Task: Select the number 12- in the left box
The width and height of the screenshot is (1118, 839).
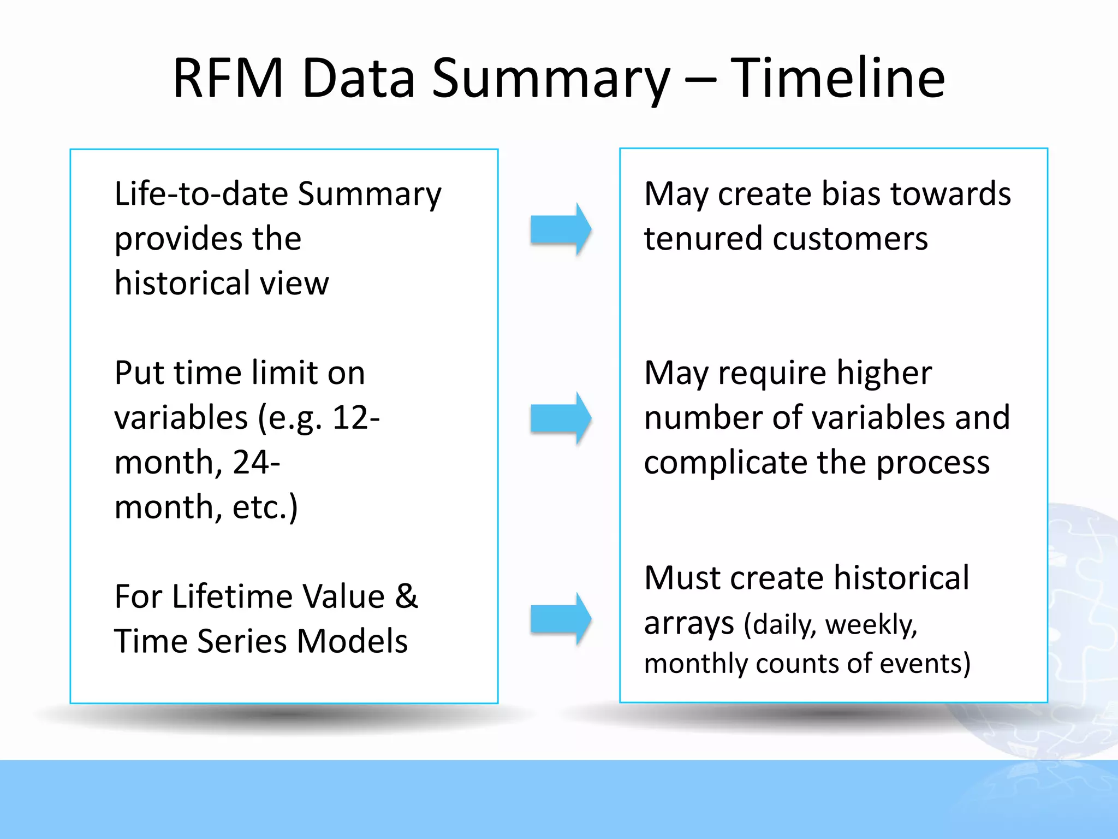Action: click(356, 418)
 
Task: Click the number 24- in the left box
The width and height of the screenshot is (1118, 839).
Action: click(256, 462)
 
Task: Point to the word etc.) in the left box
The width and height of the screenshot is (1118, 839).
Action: click(265, 507)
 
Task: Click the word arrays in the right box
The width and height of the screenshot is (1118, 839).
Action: click(689, 624)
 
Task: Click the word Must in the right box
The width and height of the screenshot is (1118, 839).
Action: click(682, 578)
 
